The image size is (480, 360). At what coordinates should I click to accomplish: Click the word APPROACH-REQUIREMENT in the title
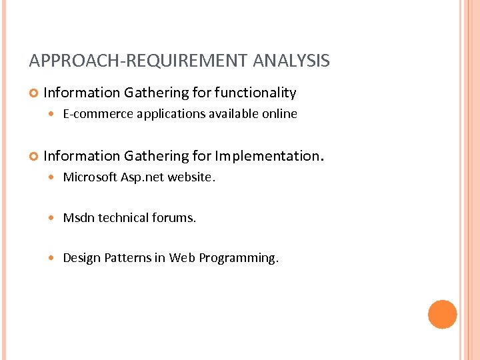tap(139, 61)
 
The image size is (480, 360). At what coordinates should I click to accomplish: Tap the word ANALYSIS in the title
tap(291, 61)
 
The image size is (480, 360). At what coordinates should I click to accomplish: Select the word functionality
tap(255, 93)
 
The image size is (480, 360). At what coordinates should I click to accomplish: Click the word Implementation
tap(267, 156)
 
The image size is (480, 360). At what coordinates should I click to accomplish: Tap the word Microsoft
tap(90, 177)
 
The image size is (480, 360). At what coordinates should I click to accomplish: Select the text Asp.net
tap(143, 177)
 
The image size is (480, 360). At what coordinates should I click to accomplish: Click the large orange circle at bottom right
tap(442, 314)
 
